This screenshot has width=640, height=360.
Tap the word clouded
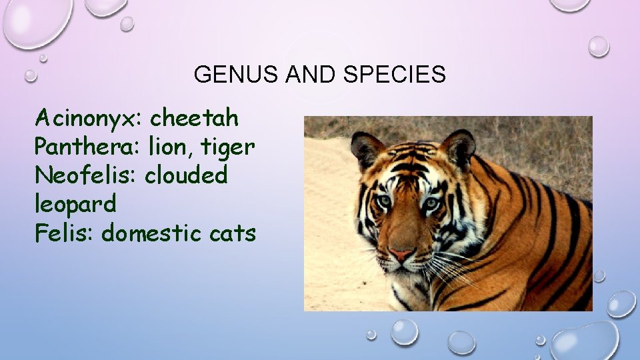pyautogui.click(x=187, y=175)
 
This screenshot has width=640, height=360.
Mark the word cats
pyautogui.click(x=233, y=234)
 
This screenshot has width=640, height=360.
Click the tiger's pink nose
pyautogui.click(x=401, y=255)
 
